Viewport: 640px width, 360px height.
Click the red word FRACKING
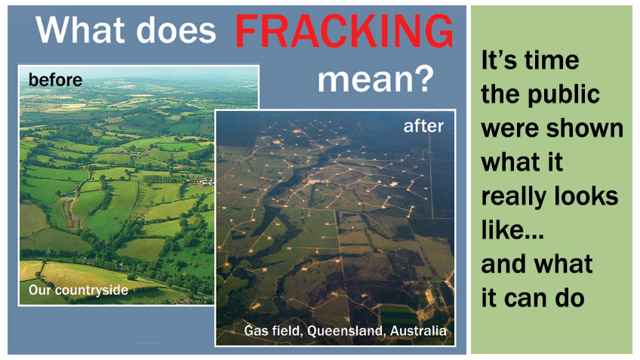(344, 31)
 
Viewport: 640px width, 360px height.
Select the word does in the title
(179, 31)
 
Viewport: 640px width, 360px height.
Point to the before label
(55, 78)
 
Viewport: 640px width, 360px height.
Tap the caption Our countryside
(78, 290)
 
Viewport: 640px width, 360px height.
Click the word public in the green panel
(563, 94)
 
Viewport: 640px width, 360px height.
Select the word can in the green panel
(529, 297)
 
